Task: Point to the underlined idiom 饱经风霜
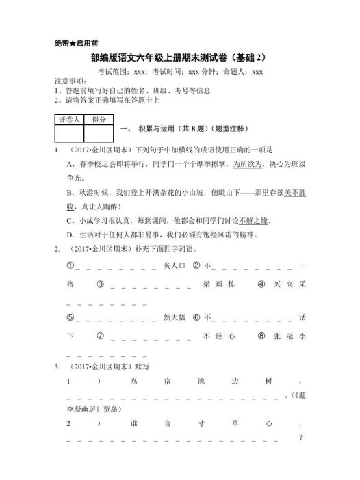click(236, 235)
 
